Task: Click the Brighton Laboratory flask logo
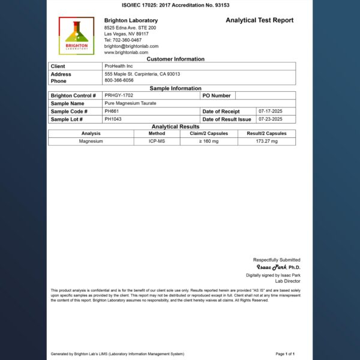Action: (76, 37)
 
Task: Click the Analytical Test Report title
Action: (259, 20)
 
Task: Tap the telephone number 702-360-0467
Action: (123, 40)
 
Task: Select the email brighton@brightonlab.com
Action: (131, 46)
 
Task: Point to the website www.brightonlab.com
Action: (126, 52)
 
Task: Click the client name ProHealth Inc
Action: (119, 66)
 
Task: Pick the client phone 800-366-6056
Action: (119, 80)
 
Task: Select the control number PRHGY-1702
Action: (119, 95)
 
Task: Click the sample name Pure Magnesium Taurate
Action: (130, 103)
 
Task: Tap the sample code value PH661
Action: (111, 111)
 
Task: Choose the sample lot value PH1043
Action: (113, 119)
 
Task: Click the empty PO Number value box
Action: (265, 95)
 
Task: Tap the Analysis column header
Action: (91, 133)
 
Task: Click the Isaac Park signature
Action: (272, 267)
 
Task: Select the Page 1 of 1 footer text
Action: (285, 354)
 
